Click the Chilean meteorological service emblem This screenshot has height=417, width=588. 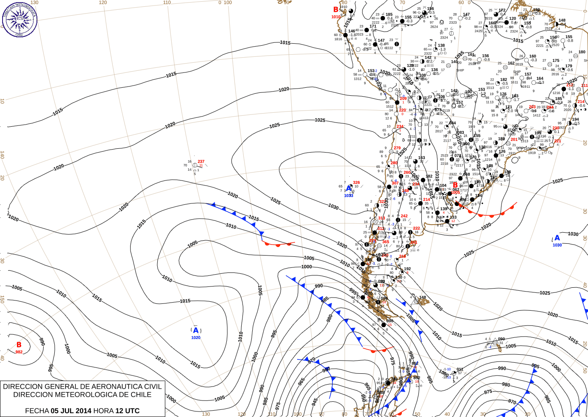pos(20,19)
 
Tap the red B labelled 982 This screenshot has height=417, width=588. pos(19,345)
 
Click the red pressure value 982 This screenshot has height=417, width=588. pos(19,352)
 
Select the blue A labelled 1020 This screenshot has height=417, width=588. pos(195,331)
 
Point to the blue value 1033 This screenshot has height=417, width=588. pos(348,195)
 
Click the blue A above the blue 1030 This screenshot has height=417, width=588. pos(557,238)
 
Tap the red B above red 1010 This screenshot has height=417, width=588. pos(336,10)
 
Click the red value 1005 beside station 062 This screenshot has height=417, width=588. pos(455,193)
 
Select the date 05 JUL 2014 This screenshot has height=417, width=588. pos(71,411)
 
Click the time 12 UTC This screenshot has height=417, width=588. pos(127,411)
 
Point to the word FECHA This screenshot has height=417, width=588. pos(37,411)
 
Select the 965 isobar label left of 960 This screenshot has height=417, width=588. pos(301,381)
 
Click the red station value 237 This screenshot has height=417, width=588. pos(201,161)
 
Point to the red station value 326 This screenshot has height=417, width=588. pos(357,183)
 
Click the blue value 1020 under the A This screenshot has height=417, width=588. pos(196,338)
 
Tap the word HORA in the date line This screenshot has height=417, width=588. pos(103,411)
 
